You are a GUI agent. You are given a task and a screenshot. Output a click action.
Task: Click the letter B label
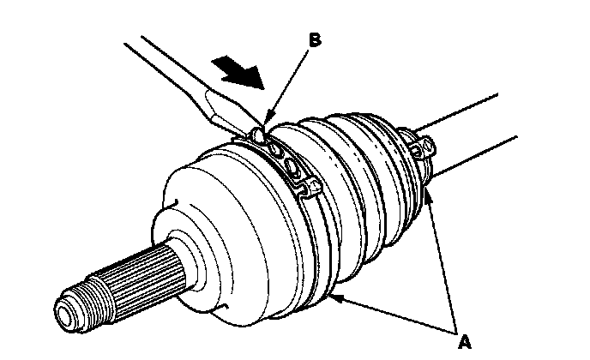[315, 39]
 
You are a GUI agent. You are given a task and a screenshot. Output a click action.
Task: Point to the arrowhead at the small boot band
[428, 196]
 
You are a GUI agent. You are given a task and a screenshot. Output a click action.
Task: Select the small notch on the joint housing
[174, 204]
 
